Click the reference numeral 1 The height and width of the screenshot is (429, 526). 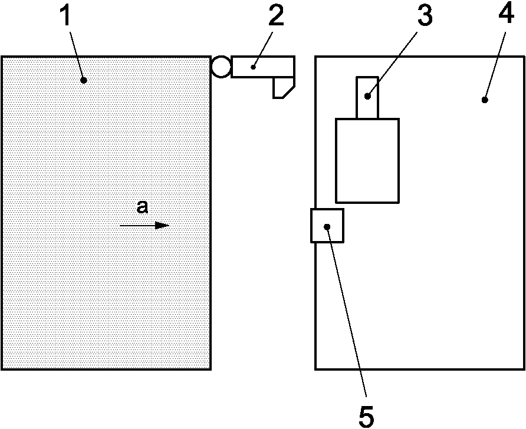pyautogui.click(x=67, y=18)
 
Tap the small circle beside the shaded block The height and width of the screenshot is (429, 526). pyautogui.click(x=221, y=67)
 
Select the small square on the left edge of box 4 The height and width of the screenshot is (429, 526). pyautogui.click(x=327, y=225)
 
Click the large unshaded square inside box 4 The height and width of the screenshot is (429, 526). pyautogui.click(x=367, y=160)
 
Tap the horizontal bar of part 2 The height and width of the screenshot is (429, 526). pyautogui.click(x=262, y=67)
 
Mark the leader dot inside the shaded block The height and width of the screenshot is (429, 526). pyautogui.click(x=84, y=81)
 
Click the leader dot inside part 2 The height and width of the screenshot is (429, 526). pyautogui.click(x=253, y=67)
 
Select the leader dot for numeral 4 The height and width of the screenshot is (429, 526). pyautogui.click(x=484, y=100)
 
